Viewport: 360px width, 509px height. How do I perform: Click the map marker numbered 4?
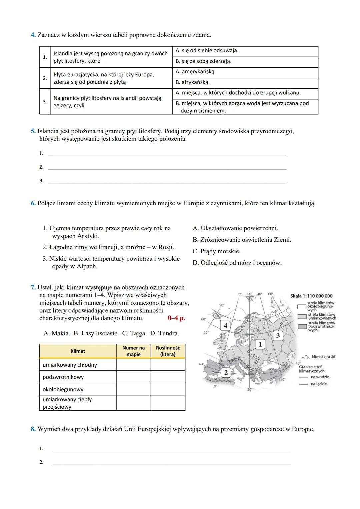coord(225,326)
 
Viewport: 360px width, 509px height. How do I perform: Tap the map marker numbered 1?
coord(260,344)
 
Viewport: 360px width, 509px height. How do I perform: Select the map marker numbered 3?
coord(278,336)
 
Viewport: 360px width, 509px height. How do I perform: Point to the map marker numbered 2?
coord(226,372)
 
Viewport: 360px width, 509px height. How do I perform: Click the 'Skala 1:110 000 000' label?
coord(311,296)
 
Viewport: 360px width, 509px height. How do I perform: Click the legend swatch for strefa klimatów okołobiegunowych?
coord(302,307)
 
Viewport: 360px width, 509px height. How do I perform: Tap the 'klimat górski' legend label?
coord(323,357)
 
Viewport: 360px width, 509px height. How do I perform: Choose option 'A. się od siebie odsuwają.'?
coord(207,51)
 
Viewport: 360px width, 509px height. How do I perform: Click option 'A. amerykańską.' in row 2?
coord(195,72)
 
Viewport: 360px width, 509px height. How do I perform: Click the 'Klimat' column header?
coord(78,351)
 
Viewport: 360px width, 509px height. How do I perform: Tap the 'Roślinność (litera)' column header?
coord(168,351)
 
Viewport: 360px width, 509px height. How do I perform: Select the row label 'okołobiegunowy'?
coord(63,389)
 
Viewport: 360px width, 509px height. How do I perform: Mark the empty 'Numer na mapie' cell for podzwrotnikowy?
coord(133,377)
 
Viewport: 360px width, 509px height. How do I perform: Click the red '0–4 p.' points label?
coord(176,318)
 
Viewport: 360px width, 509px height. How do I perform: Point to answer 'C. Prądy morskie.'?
coord(216,251)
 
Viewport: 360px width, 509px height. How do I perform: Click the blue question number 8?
coord(33,429)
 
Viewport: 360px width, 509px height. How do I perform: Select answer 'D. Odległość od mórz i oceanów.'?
coord(237,263)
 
